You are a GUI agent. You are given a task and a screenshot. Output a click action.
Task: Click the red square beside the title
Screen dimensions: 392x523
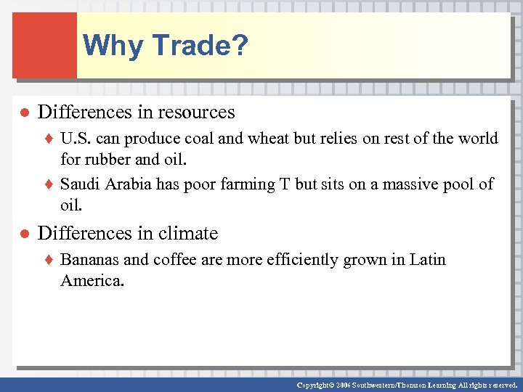click(44, 45)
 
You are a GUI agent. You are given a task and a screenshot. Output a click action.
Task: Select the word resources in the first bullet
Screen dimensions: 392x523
click(196, 113)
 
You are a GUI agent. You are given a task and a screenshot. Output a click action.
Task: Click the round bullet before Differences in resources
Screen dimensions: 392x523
click(23, 113)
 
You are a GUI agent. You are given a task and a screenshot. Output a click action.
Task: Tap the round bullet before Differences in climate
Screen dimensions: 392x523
click(23, 234)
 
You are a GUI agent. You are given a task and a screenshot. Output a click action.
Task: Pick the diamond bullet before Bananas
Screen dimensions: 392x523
click(50, 260)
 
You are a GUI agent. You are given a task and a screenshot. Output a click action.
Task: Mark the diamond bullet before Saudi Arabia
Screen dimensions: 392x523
click(50, 185)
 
